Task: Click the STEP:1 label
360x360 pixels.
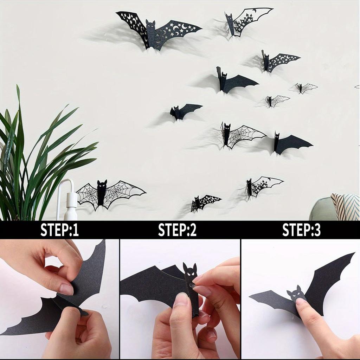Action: pyautogui.click(x=59, y=230)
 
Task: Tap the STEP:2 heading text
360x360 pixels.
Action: pyautogui.click(x=177, y=230)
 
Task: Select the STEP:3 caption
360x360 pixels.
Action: pyautogui.click(x=301, y=230)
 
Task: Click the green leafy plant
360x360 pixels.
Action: pyautogui.click(x=32, y=158)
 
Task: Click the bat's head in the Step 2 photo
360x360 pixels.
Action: pyautogui.click(x=190, y=272)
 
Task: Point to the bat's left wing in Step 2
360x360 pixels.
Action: pyautogui.click(x=151, y=285)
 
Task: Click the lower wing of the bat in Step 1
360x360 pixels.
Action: pyautogui.click(x=35, y=316)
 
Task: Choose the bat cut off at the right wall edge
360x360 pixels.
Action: pyautogui.click(x=357, y=86)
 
